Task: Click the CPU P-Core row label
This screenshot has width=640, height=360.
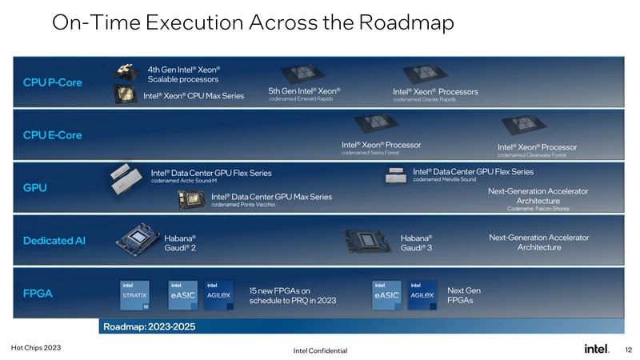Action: click(x=52, y=82)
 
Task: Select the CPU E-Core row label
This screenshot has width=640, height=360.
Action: click(x=52, y=134)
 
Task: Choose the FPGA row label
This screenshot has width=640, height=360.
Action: click(x=38, y=294)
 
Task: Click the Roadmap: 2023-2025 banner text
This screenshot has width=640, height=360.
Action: click(x=149, y=326)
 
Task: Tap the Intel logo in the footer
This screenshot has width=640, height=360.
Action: click(x=598, y=349)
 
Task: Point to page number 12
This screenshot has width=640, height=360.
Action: click(x=628, y=349)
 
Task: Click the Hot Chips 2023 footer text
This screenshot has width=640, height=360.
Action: click(x=35, y=348)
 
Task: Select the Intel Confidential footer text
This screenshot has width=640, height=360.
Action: click(x=320, y=351)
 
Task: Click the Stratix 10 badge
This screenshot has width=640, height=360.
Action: click(x=134, y=294)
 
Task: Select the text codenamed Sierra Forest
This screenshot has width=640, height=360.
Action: click(x=370, y=153)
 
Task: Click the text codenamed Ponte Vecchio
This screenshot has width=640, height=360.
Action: click(x=243, y=206)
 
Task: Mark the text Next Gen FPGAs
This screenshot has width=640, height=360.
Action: click(x=464, y=295)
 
